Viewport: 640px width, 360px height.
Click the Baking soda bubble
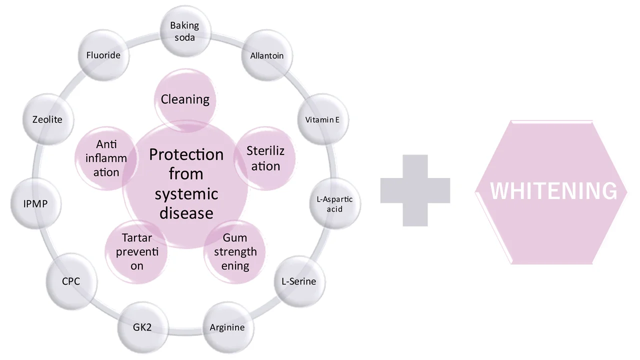point(184,31)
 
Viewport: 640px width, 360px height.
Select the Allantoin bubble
point(266,55)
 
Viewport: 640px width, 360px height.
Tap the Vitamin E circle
point(322,119)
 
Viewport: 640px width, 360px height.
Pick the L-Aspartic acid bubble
point(334,204)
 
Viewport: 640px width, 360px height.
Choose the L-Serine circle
point(299,281)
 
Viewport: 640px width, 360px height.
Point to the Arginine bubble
point(227,327)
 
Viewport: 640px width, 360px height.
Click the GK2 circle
point(142,327)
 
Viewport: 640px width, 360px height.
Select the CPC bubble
point(70,281)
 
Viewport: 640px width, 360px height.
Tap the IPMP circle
point(35,204)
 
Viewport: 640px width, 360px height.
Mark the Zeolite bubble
point(47,119)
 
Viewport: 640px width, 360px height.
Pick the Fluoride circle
point(103,55)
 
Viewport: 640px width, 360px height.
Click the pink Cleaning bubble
point(185,99)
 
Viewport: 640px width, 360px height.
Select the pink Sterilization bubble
point(265,158)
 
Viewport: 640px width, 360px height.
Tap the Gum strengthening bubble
point(235,251)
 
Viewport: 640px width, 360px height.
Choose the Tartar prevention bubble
point(136,251)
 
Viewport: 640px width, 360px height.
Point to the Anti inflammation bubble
point(106,158)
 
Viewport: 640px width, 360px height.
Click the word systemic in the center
point(186,193)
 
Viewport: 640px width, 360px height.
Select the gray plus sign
point(415,190)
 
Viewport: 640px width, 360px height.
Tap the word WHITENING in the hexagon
point(553,191)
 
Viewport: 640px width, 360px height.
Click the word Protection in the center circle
point(186,154)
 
